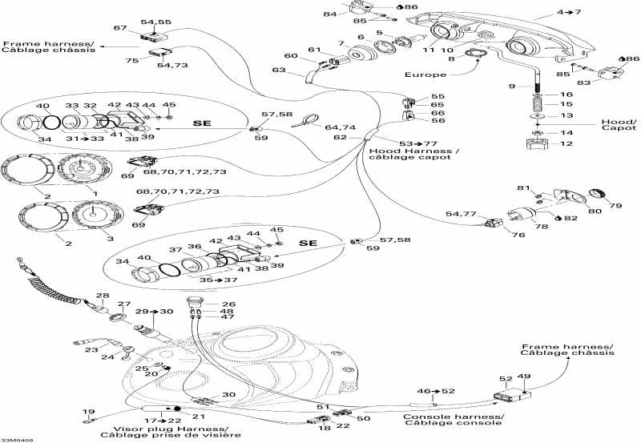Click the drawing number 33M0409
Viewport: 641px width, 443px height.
coord(17,439)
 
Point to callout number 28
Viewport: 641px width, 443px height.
coord(103,296)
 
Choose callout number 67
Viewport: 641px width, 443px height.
coord(119,29)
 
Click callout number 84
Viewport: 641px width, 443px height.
coord(330,14)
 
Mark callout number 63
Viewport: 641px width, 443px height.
coord(278,70)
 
